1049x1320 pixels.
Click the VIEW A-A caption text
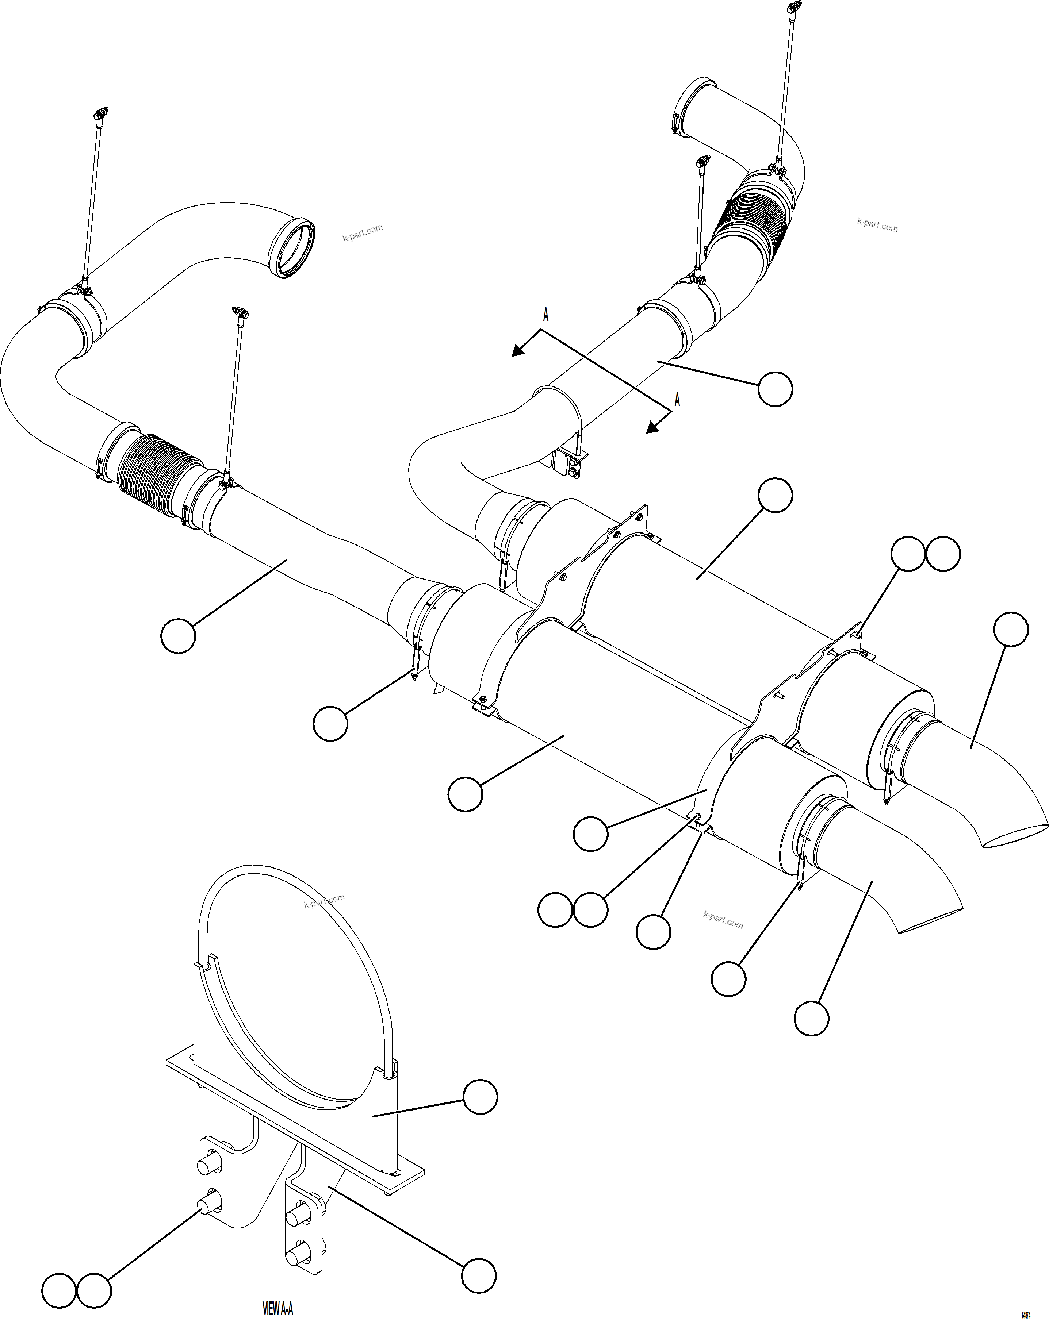277,1308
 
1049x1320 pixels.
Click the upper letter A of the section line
545,315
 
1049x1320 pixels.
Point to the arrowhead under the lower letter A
653,427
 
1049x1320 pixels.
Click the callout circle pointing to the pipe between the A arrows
775,389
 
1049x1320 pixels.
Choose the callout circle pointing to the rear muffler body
775,496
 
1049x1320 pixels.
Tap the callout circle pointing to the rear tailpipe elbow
1010,630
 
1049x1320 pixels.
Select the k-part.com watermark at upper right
877,225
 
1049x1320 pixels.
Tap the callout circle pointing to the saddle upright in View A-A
480,1097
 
